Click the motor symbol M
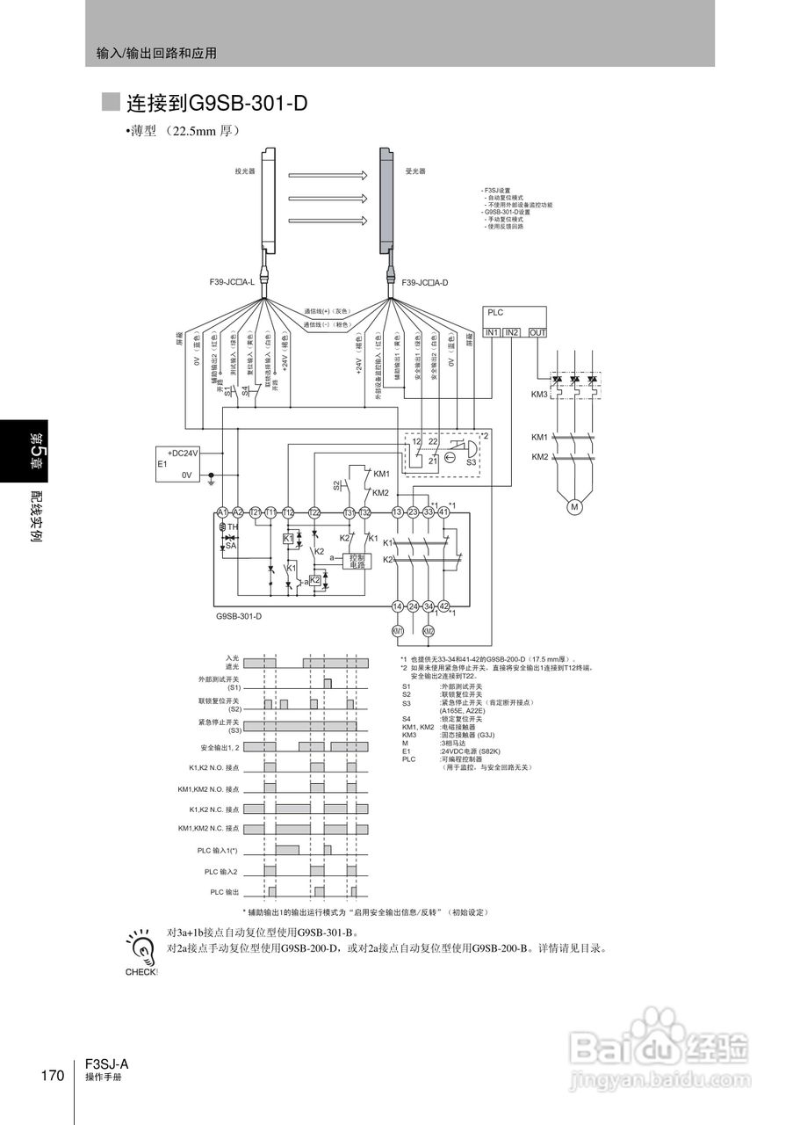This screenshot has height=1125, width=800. [x=574, y=506]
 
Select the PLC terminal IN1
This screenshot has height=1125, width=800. [x=493, y=332]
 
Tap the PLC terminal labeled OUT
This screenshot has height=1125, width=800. [x=537, y=332]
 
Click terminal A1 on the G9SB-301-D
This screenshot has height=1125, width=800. [x=222, y=512]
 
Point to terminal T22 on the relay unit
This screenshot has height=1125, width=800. [x=314, y=512]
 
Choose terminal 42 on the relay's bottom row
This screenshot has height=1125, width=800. [x=443, y=606]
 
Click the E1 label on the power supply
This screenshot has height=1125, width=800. [x=162, y=463]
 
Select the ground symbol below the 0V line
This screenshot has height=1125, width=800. [x=211, y=480]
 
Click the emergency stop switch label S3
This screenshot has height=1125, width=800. [x=471, y=461]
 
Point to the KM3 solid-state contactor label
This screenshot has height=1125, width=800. [x=539, y=395]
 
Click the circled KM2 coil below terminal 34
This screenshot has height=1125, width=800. [x=429, y=630]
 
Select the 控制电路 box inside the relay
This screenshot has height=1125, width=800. [x=357, y=561]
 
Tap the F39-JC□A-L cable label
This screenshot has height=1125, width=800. [x=231, y=283]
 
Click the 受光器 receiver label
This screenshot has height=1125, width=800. [x=414, y=172]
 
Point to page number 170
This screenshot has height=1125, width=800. [x=53, y=1076]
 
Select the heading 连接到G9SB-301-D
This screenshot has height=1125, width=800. [x=217, y=103]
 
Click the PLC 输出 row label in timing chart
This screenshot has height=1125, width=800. [x=224, y=892]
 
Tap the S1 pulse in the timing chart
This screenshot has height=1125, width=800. [x=328, y=684]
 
